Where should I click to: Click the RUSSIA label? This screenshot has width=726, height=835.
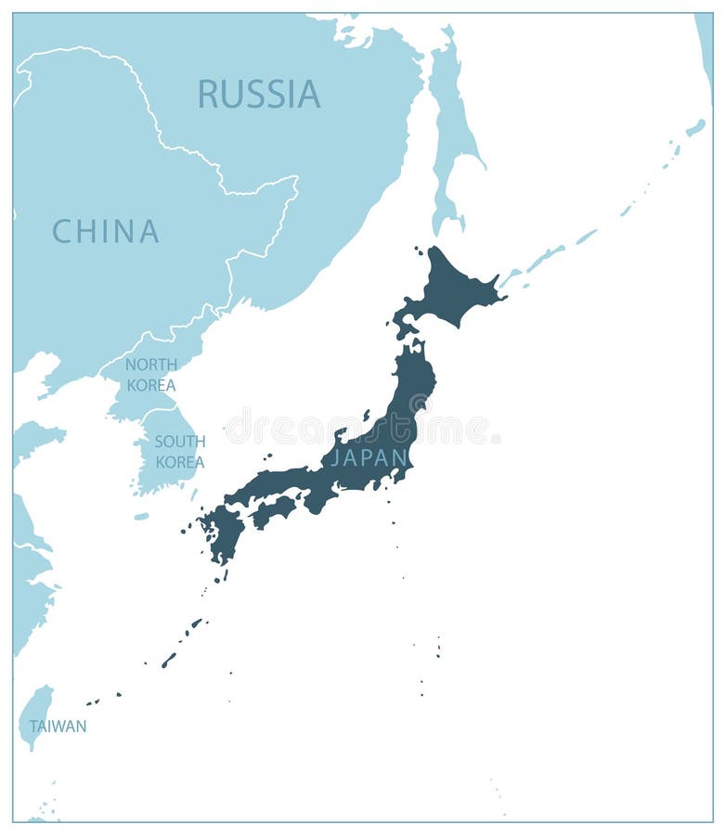pos(259,94)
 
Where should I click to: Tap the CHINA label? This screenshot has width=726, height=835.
pos(105,231)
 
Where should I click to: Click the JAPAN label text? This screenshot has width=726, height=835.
pos(369,457)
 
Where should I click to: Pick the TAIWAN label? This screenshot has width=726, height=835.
pos(58,726)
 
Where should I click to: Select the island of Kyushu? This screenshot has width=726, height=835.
pos(224,533)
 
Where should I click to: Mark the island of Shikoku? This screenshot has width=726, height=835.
pos(275,509)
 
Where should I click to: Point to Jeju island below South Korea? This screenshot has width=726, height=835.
pos(141,516)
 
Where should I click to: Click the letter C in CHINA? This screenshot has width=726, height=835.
pos(62,231)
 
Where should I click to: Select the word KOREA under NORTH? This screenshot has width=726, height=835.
pos(150,384)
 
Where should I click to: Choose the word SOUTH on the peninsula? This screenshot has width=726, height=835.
pos(179,442)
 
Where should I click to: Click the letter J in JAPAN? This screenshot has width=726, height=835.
pos(336,457)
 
